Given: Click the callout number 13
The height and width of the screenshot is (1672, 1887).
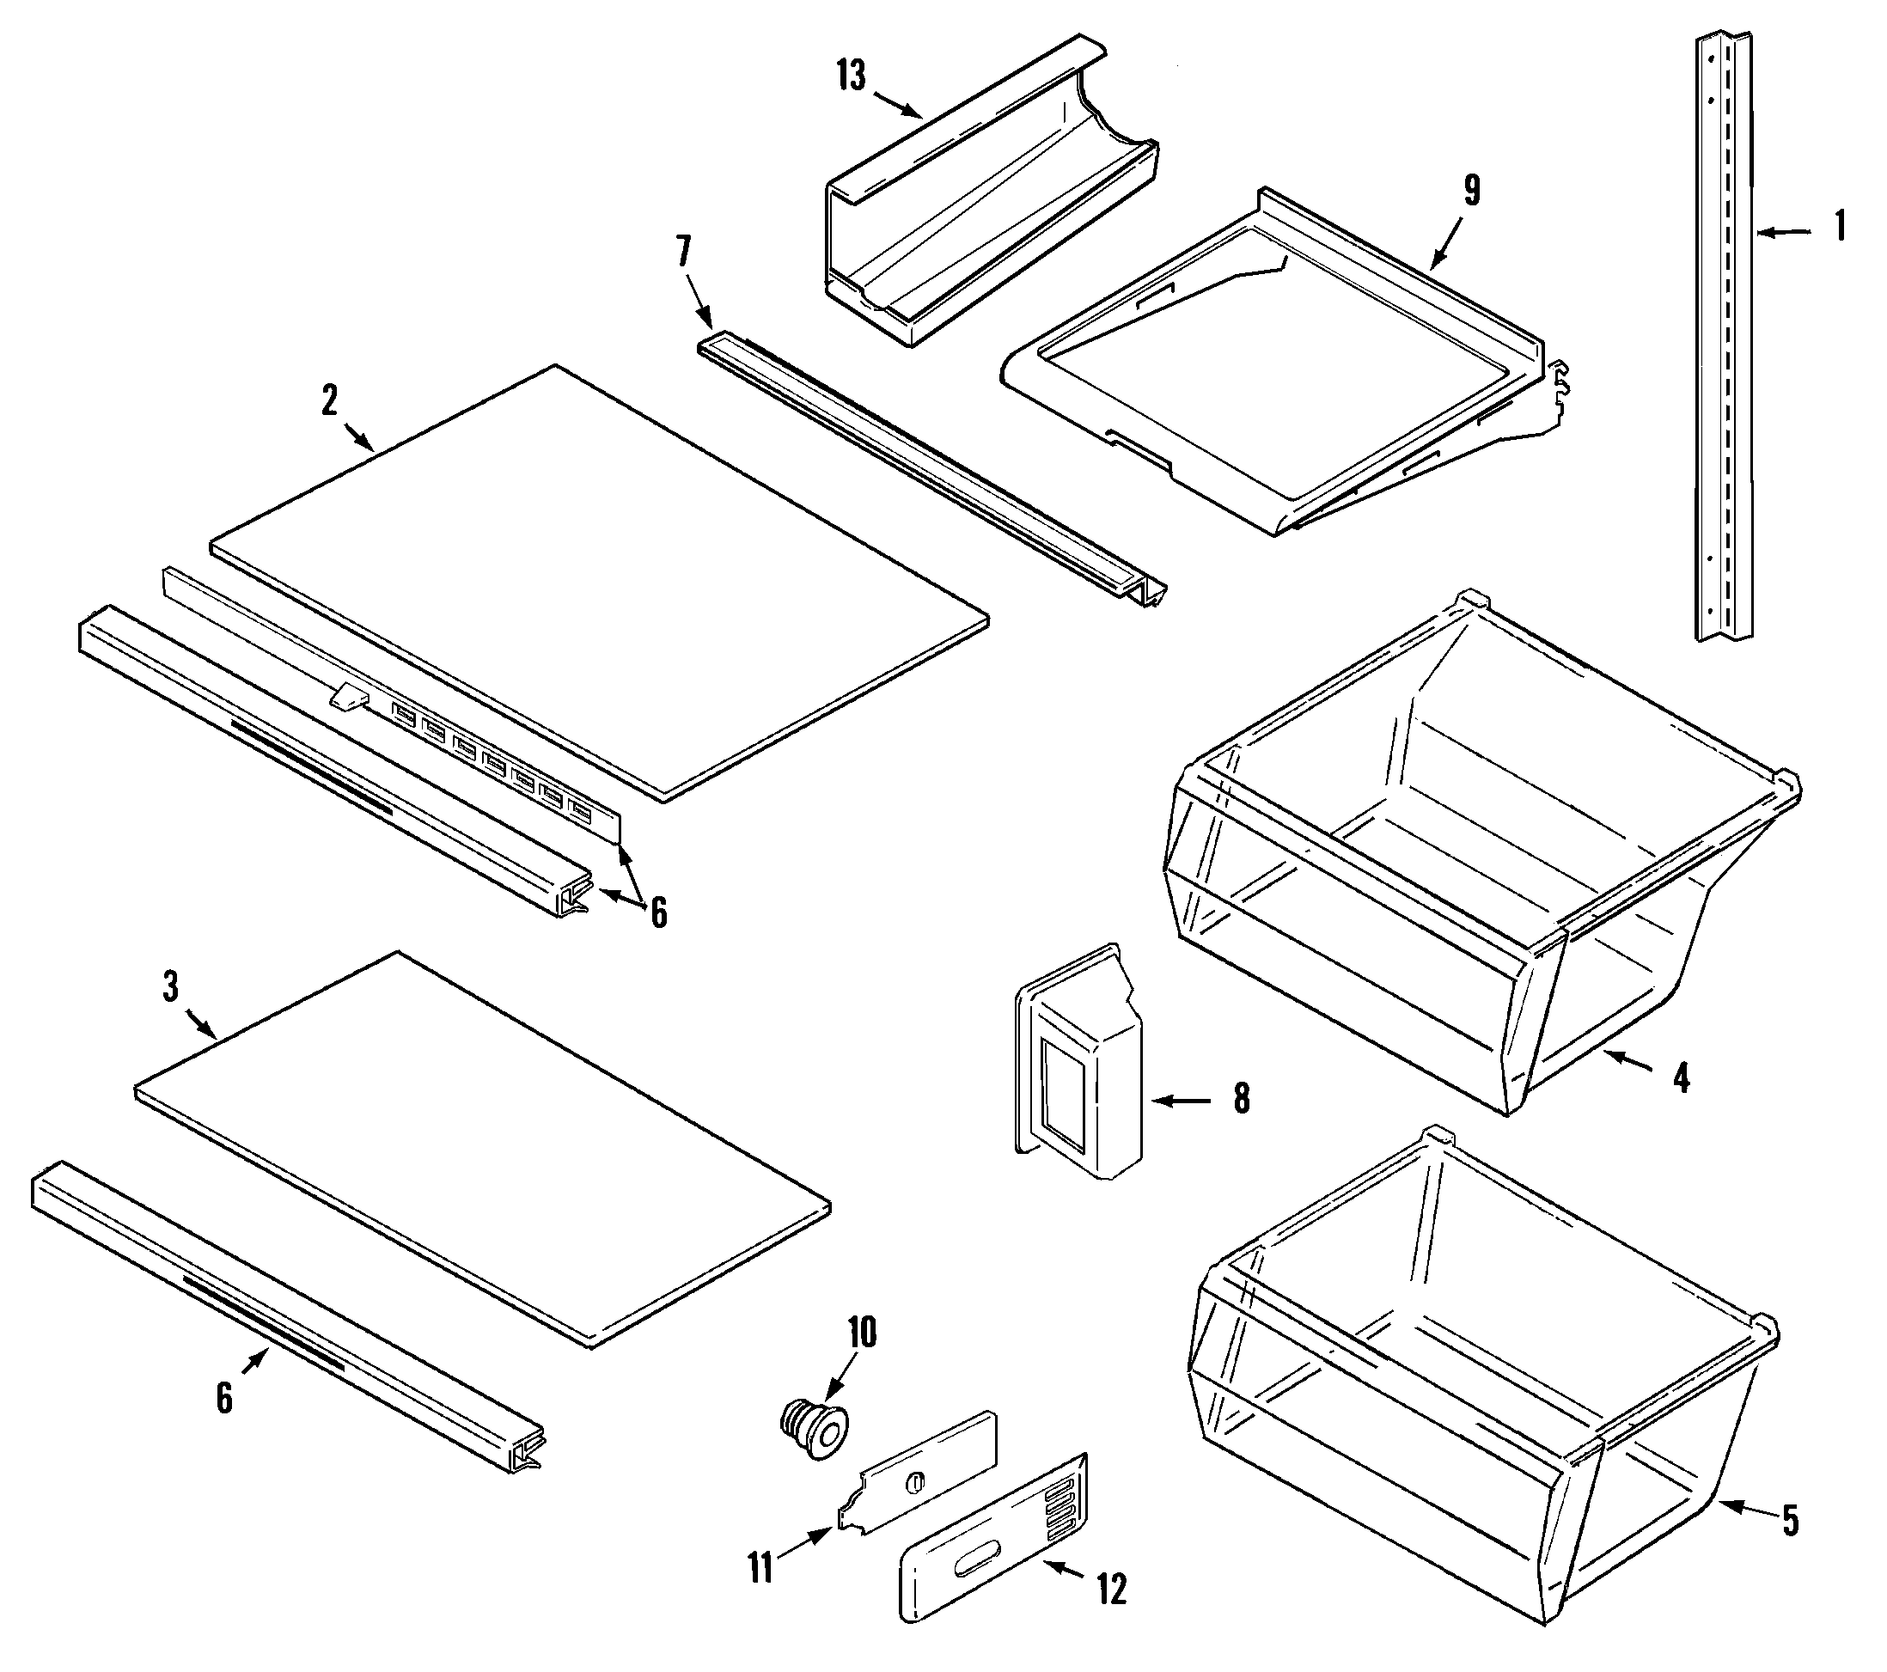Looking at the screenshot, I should click(852, 76).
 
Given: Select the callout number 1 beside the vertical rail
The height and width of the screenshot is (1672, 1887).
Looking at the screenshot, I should click(1840, 226).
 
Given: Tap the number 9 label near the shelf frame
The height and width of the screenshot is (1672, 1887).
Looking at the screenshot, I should click(1472, 190).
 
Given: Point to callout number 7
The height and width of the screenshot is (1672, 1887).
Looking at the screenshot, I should click(684, 251).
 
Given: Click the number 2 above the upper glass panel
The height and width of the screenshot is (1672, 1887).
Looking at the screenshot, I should click(330, 400).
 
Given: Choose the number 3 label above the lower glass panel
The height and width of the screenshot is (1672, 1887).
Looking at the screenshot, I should click(171, 987).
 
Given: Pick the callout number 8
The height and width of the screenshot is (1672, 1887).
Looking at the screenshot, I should click(1242, 1099).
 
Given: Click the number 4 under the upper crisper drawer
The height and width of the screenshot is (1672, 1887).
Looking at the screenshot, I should click(1681, 1077).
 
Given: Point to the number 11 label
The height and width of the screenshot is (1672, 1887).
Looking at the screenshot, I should click(760, 1569).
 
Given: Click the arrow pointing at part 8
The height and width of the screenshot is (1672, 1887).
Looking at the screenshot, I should click(1182, 1101).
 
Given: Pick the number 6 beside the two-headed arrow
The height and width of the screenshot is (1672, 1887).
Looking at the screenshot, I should click(658, 913).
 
